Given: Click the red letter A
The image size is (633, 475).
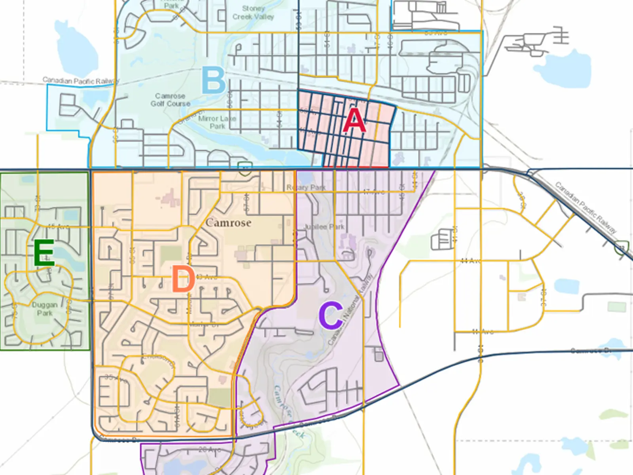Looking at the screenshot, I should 354,120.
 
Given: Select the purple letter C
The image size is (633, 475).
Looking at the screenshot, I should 331,315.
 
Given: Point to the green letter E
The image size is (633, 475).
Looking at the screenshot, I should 44,253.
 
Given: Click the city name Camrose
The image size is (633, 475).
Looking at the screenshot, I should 228,223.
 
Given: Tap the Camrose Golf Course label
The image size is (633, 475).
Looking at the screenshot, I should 170,100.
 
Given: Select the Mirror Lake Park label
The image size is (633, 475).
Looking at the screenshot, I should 217,122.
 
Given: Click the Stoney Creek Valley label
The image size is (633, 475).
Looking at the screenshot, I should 253,13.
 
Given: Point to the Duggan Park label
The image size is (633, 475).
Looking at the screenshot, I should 45,309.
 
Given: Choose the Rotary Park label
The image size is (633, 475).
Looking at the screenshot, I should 306,187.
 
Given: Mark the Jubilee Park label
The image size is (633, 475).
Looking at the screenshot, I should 324,227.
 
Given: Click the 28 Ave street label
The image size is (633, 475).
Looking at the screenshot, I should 210,450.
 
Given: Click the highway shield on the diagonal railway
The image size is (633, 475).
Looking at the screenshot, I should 622,247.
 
